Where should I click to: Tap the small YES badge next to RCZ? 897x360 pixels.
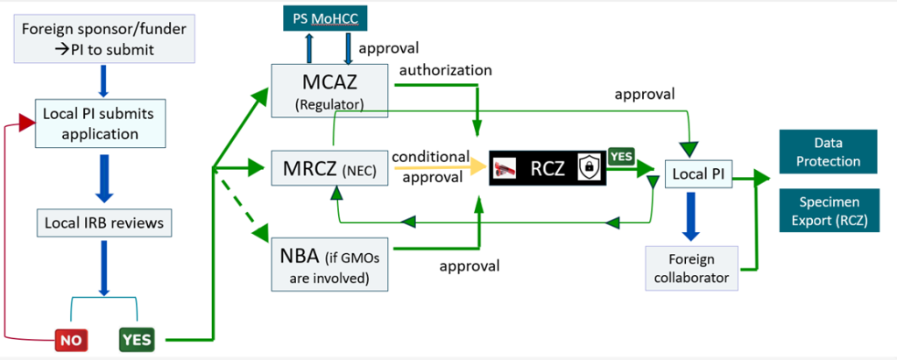[x=620, y=155]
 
